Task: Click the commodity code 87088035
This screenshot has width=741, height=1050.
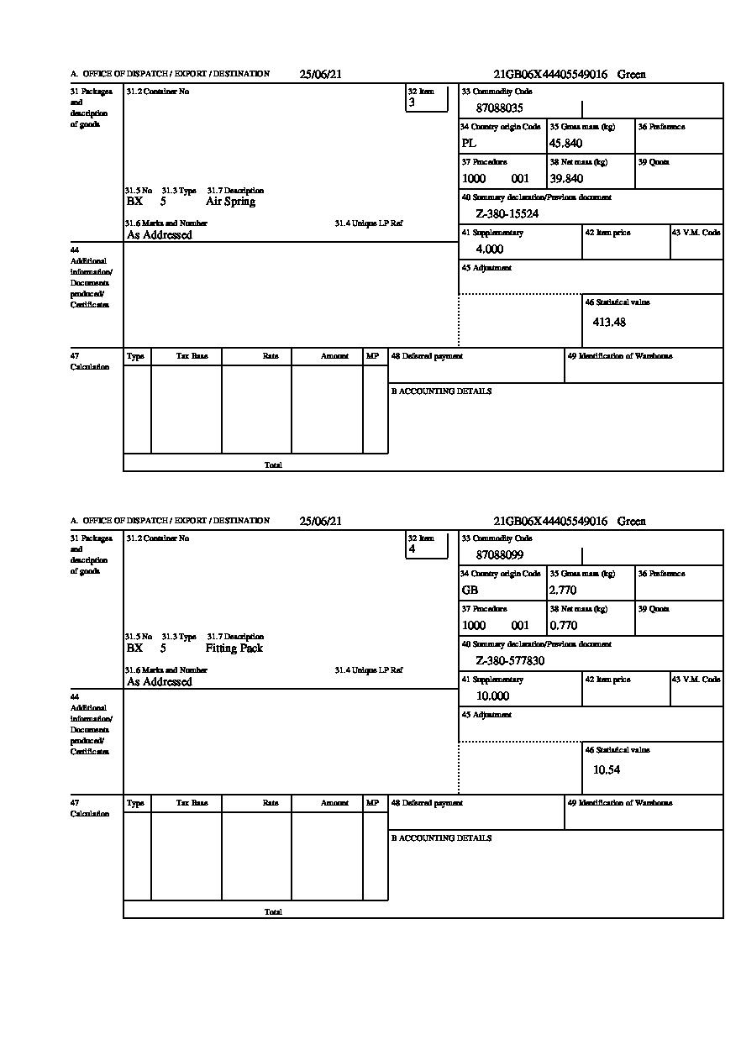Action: [x=500, y=108]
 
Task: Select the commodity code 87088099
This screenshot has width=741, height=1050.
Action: [x=500, y=555]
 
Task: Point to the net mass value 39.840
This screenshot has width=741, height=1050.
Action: [x=566, y=179]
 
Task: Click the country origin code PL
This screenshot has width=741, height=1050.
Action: [x=469, y=144]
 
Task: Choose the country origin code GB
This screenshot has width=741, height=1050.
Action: [x=470, y=591]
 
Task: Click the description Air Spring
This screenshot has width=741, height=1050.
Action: [x=230, y=202]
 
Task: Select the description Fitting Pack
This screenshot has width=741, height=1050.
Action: [x=234, y=648]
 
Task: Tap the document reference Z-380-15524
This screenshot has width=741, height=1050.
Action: [x=507, y=214]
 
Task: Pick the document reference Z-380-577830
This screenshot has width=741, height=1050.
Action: [x=510, y=661]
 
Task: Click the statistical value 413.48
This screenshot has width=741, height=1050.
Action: [x=609, y=322]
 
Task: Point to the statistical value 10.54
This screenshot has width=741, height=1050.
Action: [x=607, y=769]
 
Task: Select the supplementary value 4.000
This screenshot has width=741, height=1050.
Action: [x=490, y=249]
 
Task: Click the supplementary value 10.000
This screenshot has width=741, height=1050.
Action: [x=492, y=696]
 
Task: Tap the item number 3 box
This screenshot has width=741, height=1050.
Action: [x=426, y=99]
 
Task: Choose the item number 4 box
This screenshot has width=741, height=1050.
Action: [x=426, y=546]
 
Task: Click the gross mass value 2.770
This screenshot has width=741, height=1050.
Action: [x=563, y=591]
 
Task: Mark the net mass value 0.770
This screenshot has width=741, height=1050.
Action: [x=563, y=626]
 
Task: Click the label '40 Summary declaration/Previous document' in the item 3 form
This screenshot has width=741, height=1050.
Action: [x=537, y=197]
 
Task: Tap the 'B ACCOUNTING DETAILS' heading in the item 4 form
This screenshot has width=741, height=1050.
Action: [x=441, y=838]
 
